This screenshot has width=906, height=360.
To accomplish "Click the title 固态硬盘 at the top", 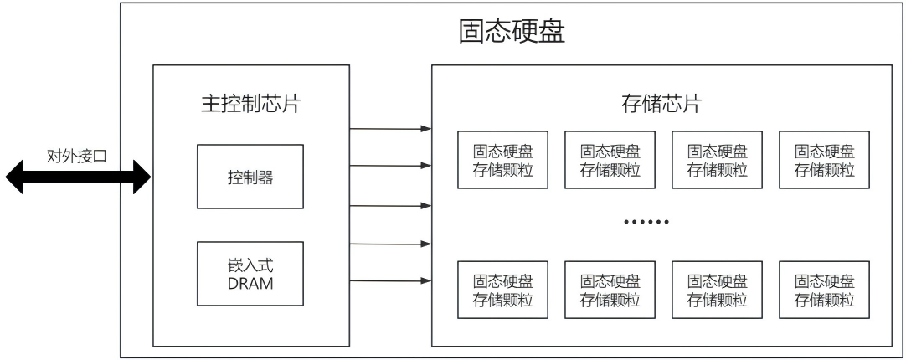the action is (x=512, y=33).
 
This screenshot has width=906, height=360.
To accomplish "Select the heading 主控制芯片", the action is (x=250, y=104).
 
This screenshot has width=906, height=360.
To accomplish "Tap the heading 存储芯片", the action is (x=661, y=104).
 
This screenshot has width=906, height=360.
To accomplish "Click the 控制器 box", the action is (x=250, y=177).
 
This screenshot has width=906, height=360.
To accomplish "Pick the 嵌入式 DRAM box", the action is (x=250, y=273).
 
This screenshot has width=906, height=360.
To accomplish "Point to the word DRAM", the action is (x=250, y=284).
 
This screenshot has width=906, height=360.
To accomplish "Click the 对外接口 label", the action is (x=77, y=156).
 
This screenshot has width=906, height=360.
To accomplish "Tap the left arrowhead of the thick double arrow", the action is (x=14, y=177).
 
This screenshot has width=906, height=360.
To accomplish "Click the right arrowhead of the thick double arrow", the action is (x=142, y=177).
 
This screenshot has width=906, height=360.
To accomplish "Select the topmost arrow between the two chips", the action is (x=390, y=128).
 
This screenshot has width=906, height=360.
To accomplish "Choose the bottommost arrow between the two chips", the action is (x=390, y=280).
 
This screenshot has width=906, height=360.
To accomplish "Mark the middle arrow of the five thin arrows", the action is (x=390, y=205).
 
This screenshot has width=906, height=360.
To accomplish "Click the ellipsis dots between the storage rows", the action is (x=646, y=221).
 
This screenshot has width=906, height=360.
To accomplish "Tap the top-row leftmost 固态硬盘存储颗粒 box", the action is (x=502, y=159).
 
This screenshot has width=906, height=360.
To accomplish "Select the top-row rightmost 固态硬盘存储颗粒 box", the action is (x=824, y=159).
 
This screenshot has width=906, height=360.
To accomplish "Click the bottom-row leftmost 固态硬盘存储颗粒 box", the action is (x=502, y=290).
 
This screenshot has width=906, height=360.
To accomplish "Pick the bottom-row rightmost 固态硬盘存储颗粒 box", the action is (x=824, y=290).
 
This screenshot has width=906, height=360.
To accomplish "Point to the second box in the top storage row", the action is (x=610, y=159).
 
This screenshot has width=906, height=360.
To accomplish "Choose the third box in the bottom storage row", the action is (x=717, y=290).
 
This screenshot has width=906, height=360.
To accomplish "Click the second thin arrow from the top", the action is (x=390, y=165).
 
